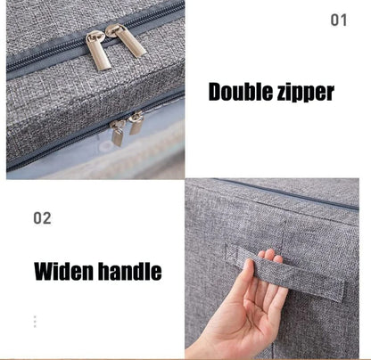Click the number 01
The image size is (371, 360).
click(339, 20)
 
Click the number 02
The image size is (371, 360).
click(42, 217)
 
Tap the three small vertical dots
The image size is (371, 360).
click(35, 322)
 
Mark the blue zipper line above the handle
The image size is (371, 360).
click(285, 193)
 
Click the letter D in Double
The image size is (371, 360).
click(215, 91)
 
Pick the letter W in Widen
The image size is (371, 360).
click(44, 271)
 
